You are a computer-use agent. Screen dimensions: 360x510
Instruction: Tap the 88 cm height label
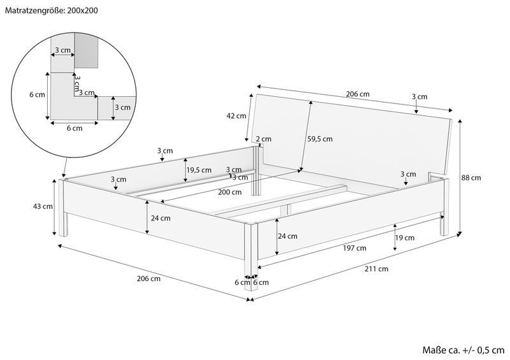point(472,178)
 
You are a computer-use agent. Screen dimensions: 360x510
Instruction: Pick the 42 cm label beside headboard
point(236,116)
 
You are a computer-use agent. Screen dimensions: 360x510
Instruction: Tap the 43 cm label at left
point(43,206)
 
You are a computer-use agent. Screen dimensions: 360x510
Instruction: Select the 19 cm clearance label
point(405,238)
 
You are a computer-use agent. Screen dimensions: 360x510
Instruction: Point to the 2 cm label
point(263,139)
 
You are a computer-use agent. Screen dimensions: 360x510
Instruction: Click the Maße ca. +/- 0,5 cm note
point(463,350)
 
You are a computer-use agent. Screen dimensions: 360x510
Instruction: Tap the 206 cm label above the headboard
point(358,94)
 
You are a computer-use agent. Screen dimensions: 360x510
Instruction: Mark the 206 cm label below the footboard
point(149,278)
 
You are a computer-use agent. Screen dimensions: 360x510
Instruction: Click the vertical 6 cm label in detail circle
point(38,95)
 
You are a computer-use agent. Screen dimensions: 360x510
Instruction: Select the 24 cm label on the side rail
point(161,218)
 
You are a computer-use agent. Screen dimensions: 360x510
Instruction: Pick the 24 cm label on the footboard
point(286,236)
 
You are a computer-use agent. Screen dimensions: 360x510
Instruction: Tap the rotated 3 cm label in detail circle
point(78,83)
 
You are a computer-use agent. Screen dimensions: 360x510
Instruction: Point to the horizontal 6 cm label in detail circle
point(74,128)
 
